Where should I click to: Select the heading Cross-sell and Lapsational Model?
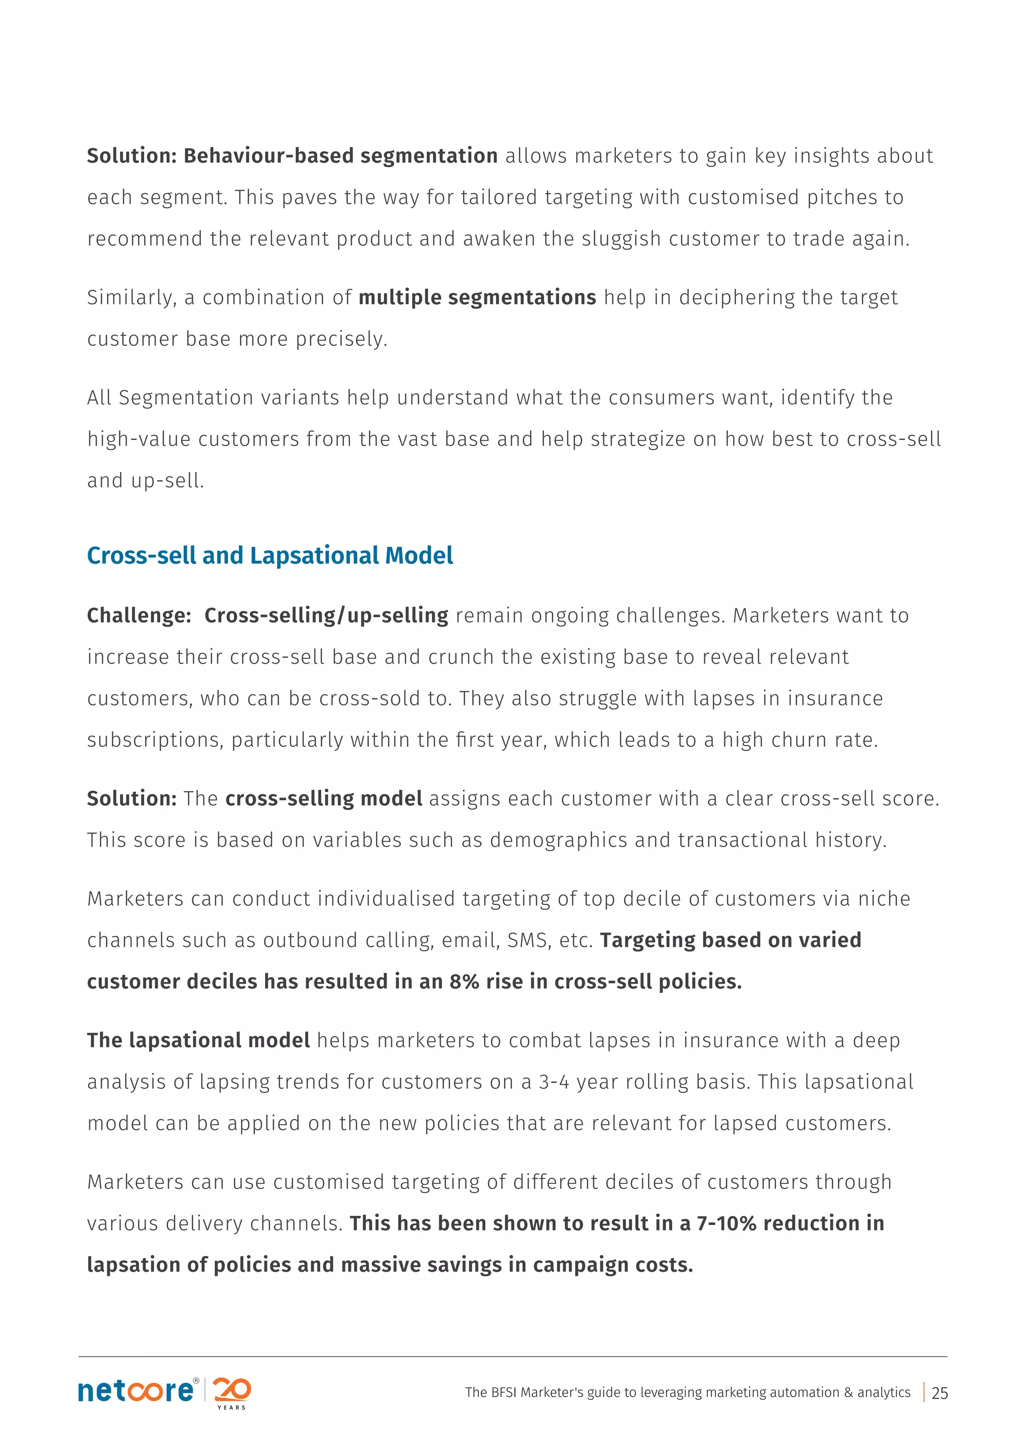click(x=270, y=555)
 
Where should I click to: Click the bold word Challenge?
click(x=139, y=616)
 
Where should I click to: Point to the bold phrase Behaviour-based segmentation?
click(x=340, y=156)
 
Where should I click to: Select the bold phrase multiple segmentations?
click(x=477, y=298)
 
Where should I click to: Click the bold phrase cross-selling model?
click(x=323, y=799)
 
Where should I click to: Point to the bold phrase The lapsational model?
click(x=198, y=1040)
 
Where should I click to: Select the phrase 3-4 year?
click(x=578, y=1082)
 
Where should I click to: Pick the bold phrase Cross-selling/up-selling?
click(x=326, y=616)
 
